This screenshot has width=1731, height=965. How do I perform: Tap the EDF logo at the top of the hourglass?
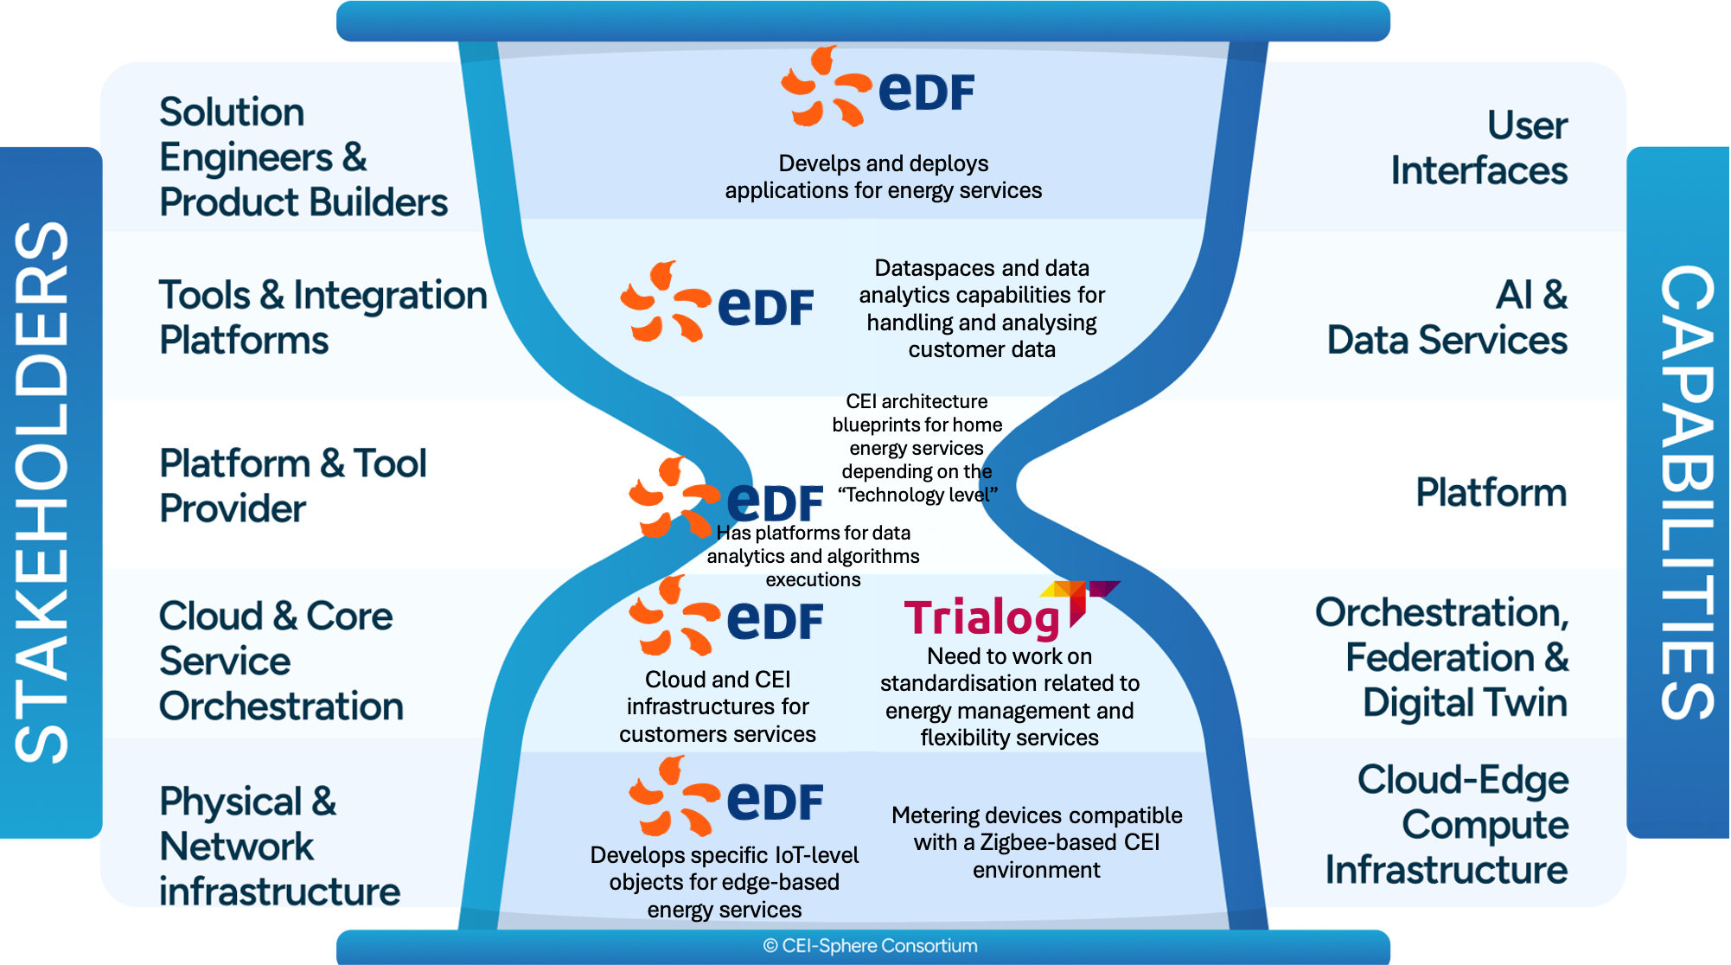878,87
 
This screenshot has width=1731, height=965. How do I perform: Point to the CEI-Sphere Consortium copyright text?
870,946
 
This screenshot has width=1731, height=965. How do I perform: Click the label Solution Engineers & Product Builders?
303,157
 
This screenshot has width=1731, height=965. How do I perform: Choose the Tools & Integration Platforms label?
323,317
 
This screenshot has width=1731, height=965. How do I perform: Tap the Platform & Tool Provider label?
292,486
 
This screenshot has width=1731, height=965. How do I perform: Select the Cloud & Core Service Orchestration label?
280,661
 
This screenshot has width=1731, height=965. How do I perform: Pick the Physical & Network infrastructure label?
278,846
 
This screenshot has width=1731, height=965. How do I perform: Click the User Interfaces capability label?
1479,148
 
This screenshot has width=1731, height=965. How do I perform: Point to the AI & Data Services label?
1447,317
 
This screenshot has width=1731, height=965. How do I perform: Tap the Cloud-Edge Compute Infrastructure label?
1447,824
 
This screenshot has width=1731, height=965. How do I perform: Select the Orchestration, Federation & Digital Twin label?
1441,657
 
